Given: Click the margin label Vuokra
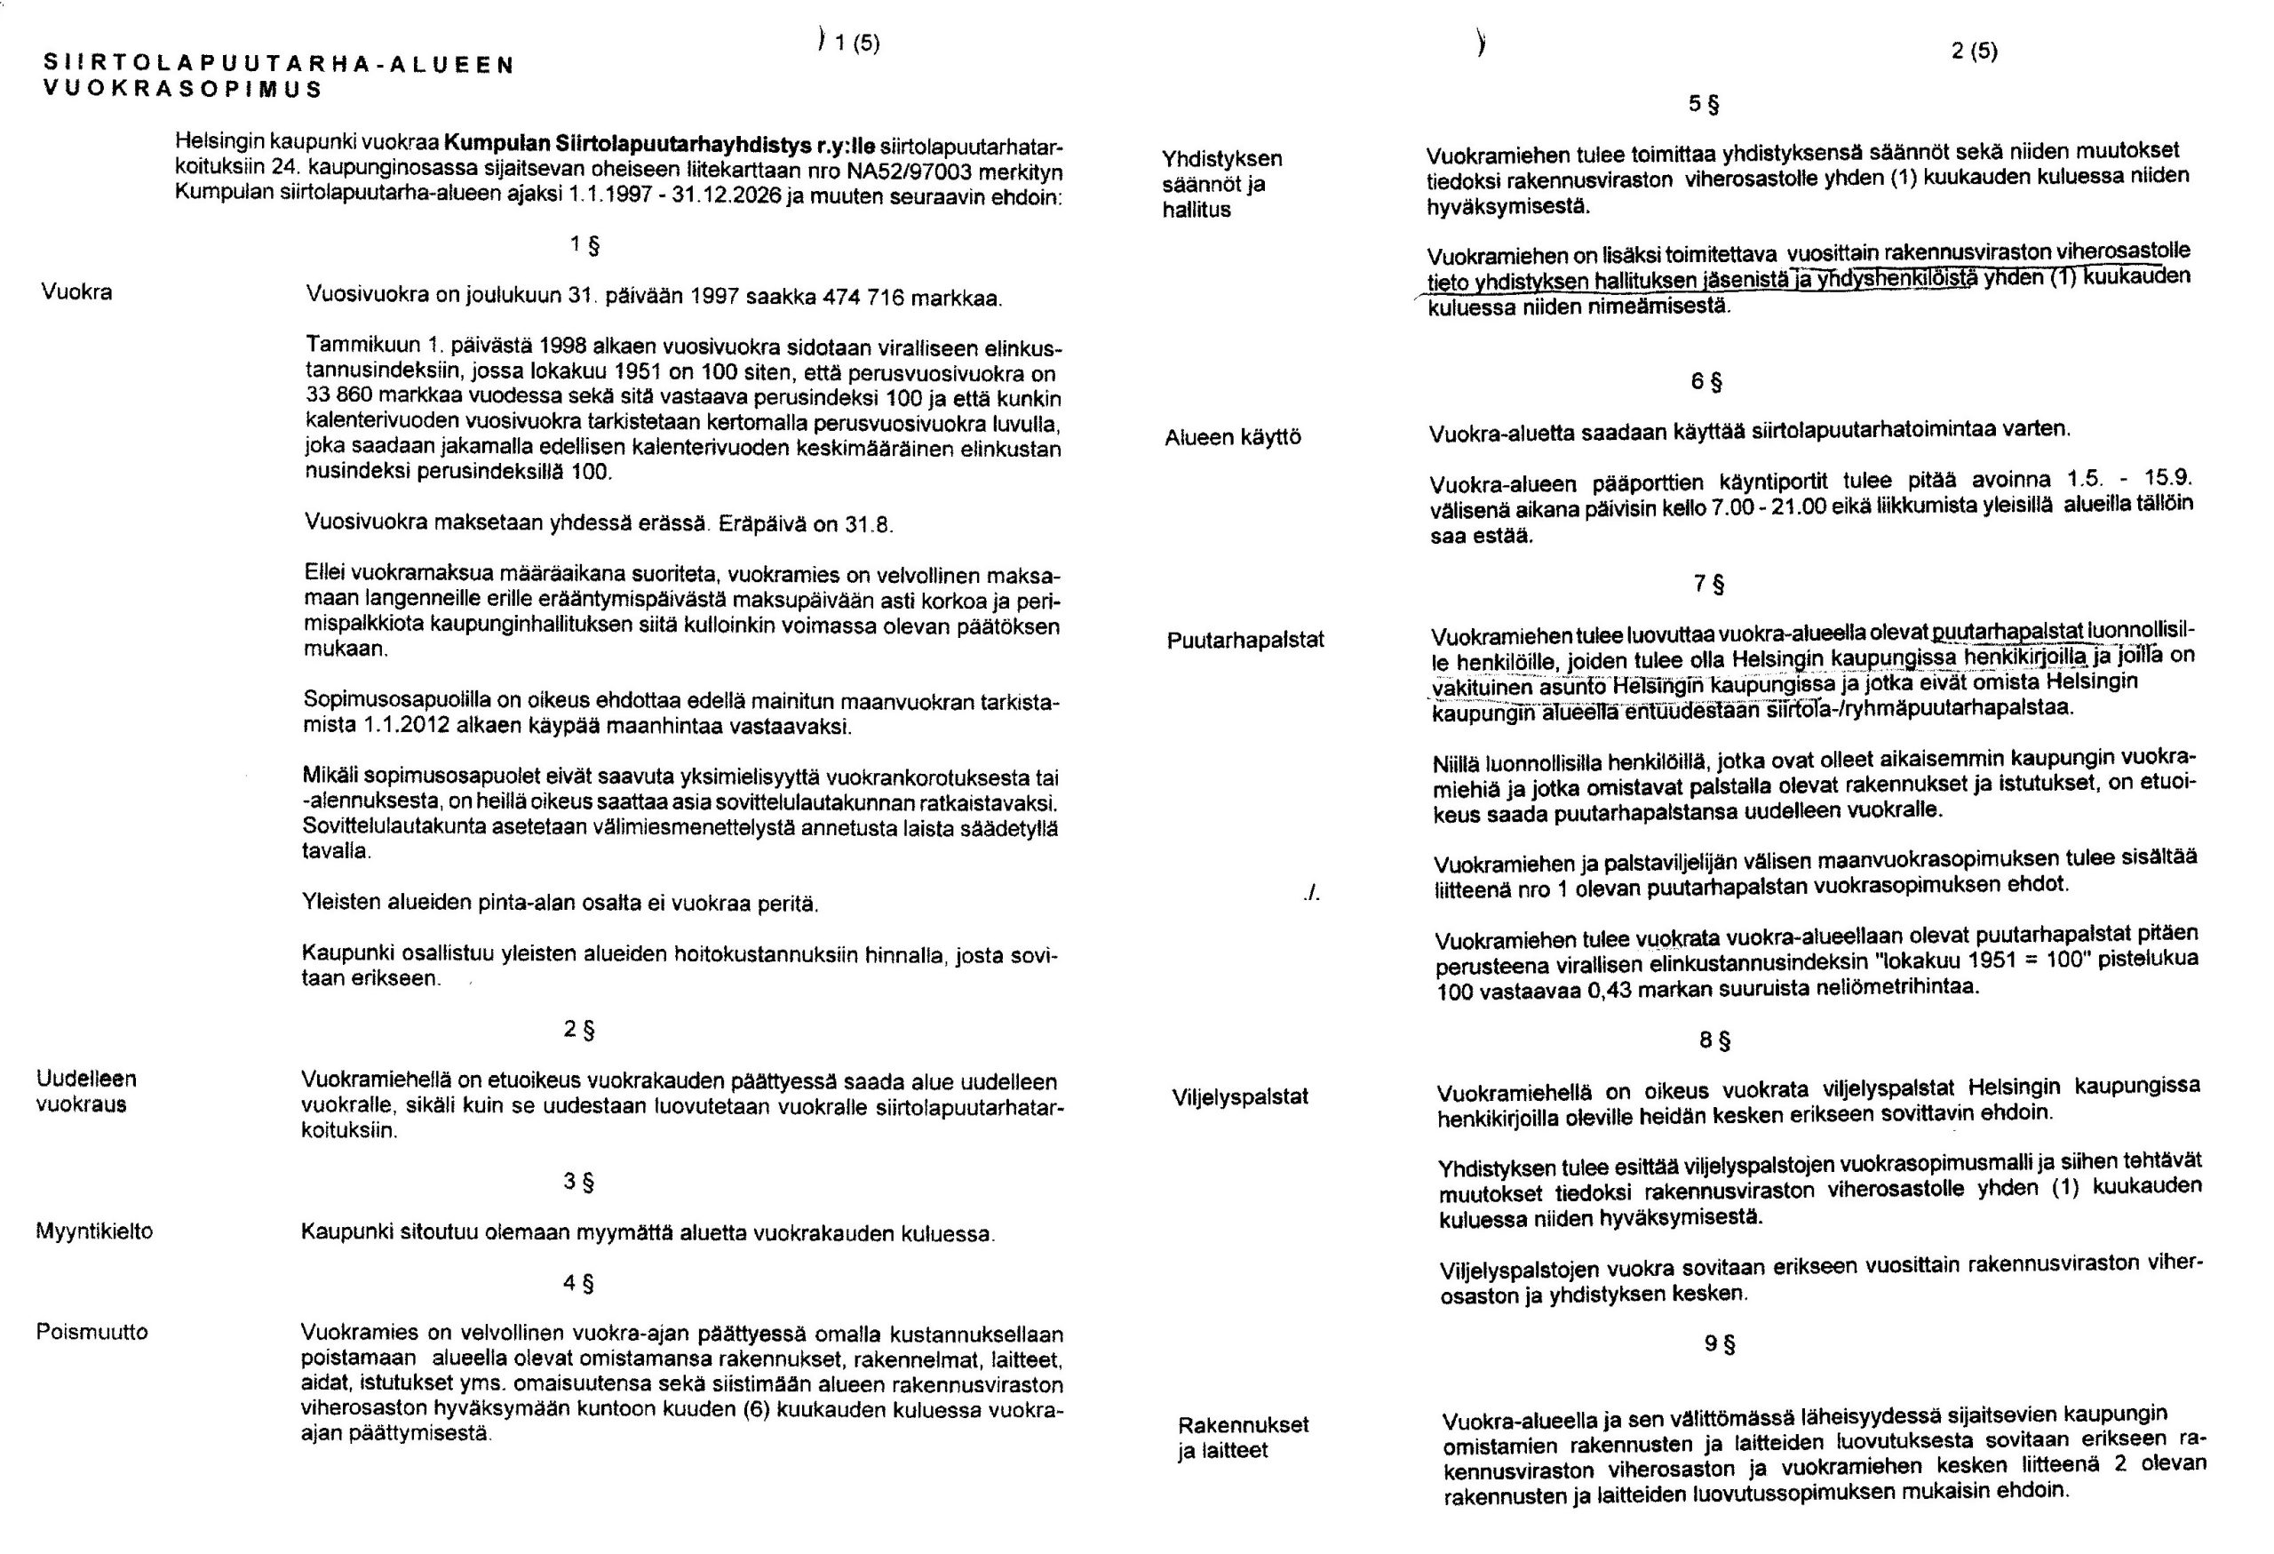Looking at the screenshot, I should [76, 291].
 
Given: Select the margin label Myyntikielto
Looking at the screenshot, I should [94, 1231].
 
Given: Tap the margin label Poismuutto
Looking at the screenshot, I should [92, 1332].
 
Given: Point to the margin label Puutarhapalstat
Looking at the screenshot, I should [1244, 640].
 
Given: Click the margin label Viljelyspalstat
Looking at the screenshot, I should [1240, 1097].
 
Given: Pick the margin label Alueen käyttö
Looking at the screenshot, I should [1232, 437].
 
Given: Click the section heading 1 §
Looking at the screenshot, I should [584, 244].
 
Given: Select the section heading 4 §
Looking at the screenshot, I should [579, 1283].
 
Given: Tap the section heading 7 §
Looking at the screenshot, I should [1708, 585].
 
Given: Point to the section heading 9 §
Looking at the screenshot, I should [1719, 1343].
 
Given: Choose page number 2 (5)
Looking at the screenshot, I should [1974, 51].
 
